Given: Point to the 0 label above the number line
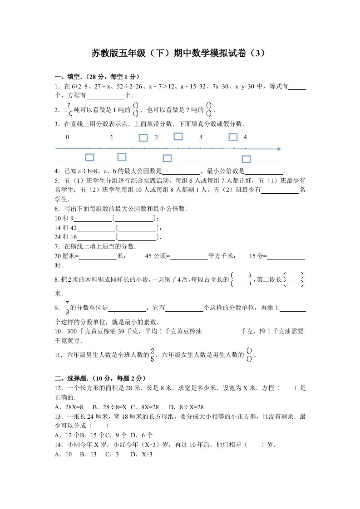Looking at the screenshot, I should tap(67, 137).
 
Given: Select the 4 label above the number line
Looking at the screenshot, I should tap(245, 137).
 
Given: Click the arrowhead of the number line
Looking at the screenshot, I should tap(278, 149).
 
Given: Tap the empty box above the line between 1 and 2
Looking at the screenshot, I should tap(143, 137).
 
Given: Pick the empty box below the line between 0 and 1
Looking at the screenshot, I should tap(89, 157).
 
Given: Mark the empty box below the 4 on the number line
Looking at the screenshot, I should tap(246, 159).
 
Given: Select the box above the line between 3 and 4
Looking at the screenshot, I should tap(233, 137).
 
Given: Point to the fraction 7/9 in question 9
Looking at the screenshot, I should tap(67, 308).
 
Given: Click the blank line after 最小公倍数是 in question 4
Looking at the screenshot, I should tap(264, 171).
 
